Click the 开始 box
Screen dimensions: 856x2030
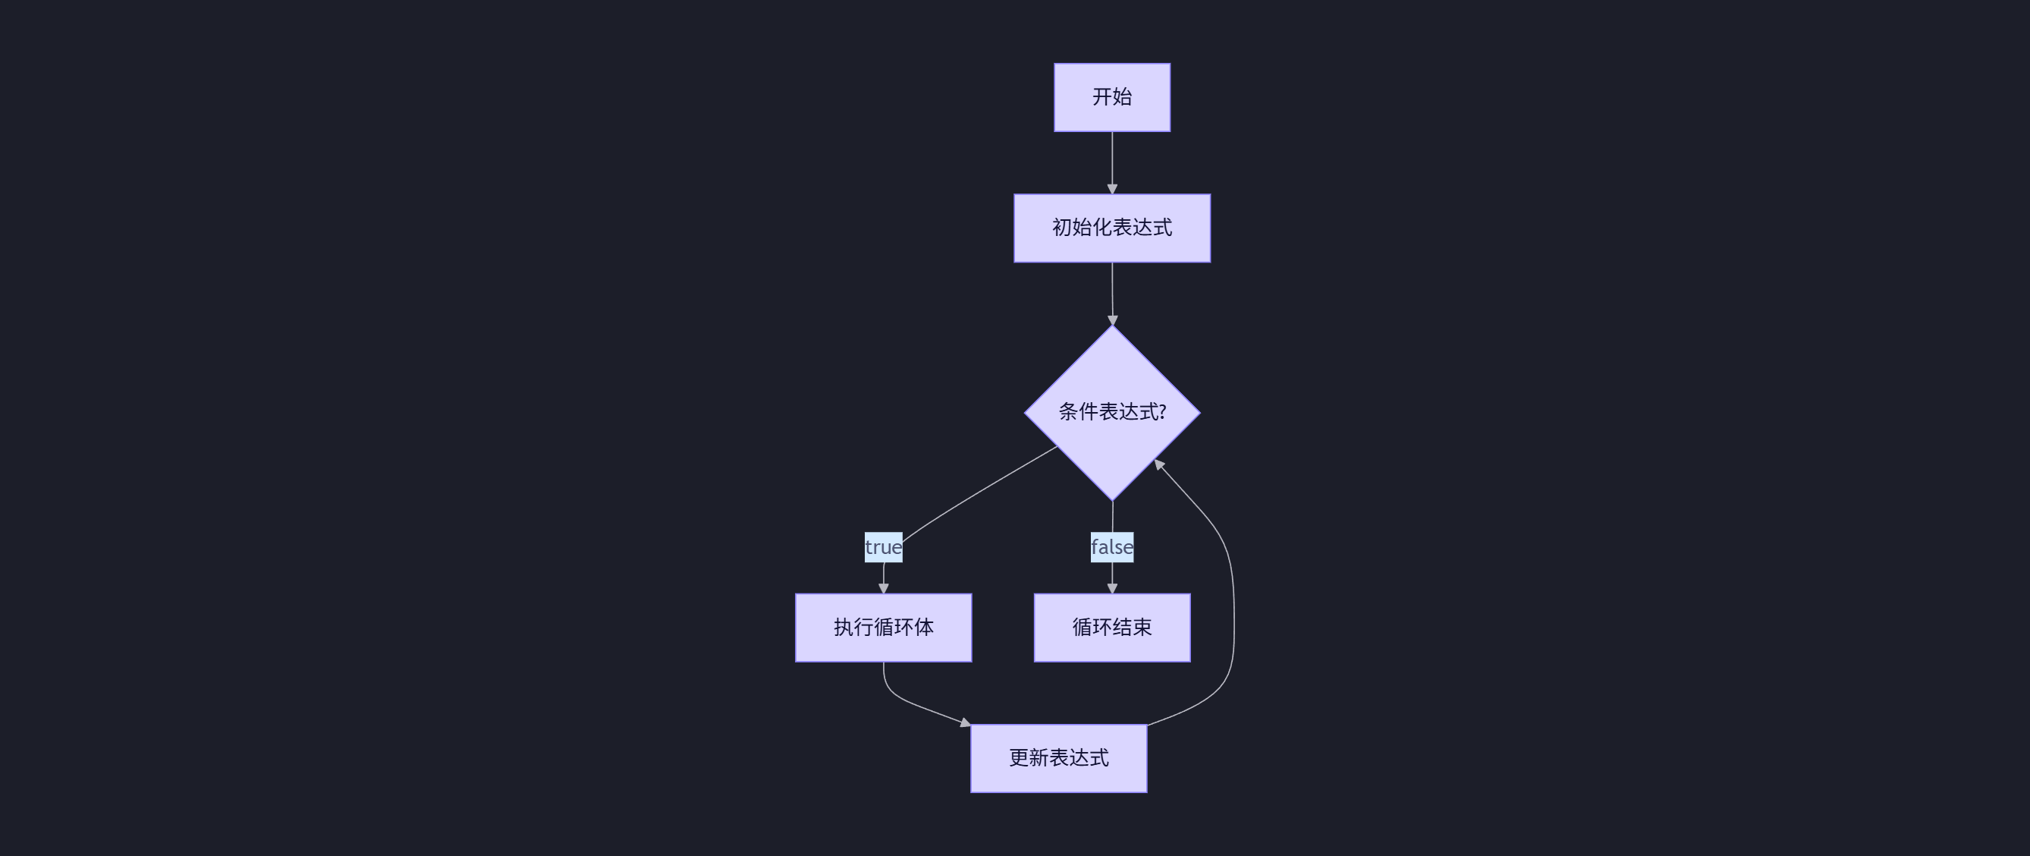(x=1112, y=97)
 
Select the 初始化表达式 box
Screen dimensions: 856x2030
(x=1112, y=228)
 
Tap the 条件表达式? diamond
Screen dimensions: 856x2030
(x=1112, y=412)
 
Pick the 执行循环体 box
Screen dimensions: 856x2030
(x=884, y=628)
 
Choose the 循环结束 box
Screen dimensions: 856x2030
(x=1112, y=628)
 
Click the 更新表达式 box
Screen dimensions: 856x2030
(x=1058, y=758)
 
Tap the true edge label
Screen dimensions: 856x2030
(x=884, y=547)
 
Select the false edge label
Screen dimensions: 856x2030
(x=1112, y=547)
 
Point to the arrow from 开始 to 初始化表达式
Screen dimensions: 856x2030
(x=1112, y=162)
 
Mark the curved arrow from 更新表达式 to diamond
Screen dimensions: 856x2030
(x=1233, y=599)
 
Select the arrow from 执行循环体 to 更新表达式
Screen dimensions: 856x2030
(x=907, y=698)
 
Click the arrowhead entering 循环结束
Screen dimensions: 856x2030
(x=1112, y=588)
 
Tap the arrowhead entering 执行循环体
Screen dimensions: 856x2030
(x=884, y=588)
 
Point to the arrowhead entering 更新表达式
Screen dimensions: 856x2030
(x=966, y=722)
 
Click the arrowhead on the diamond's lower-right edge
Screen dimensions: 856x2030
(x=1158, y=464)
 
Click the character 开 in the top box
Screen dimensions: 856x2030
(x=1101, y=97)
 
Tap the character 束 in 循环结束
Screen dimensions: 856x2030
(x=1142, y=628)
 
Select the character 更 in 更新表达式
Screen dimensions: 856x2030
(x=1019, y=758)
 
